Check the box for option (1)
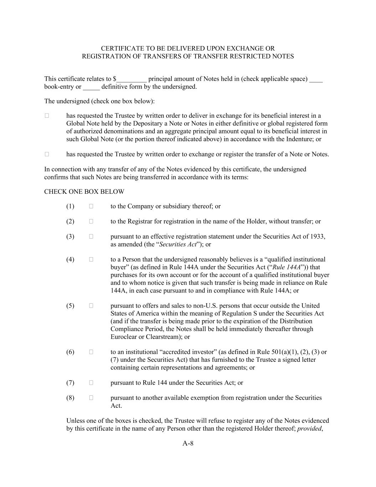91,206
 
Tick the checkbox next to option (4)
91,259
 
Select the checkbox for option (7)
91,383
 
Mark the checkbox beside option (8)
91,398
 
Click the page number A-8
188,443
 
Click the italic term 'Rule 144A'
286,267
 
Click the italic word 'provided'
309,428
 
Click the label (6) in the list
70,352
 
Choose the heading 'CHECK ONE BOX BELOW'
84,192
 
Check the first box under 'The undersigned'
47,116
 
